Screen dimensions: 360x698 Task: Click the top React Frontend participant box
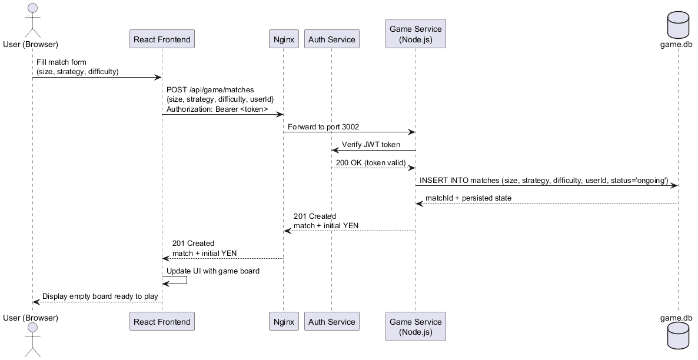pyautogui.click(x=162, y=39)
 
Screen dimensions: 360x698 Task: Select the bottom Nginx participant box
pyautogui.click(x=282, y=322)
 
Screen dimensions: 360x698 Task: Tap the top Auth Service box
pyautogui.click(x=331, y=39)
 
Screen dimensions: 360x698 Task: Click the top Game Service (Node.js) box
pyautogui.click(x=415, y=34)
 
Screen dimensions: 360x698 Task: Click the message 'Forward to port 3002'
pyautogui.click(x=323, y=126)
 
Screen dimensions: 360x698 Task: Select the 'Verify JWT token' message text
pyautogui.click(x=371, y=145)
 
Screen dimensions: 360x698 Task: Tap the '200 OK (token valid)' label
pyautogui.click(x=371, y=162)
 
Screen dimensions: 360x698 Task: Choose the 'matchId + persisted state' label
pyautogui.click(x=468, y=198)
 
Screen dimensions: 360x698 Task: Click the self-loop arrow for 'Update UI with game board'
pyautogui.click(x=186, y=280)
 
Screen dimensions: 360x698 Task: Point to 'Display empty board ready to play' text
pyautogui.click(x=100, y=296)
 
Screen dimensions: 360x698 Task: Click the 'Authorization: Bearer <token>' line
pyautogui.click(x=217, y=109)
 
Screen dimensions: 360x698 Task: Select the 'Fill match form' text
pyautogui.click(x=61, y=62)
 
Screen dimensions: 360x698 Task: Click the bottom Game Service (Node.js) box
pyautogui.click(x=415, y=326)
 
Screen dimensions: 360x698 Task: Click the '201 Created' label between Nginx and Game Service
pyautogui.click(x=315, y=216)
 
